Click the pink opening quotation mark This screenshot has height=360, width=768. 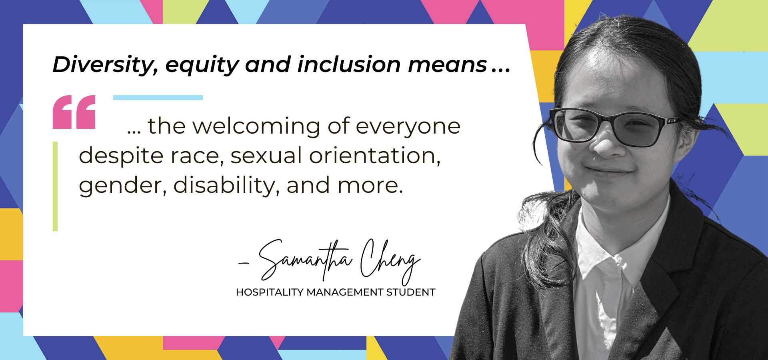click(74, 112)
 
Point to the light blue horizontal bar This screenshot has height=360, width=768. click(158, 98)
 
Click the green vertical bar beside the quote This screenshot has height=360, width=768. click(55, 186)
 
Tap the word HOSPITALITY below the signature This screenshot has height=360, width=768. click(270, 292)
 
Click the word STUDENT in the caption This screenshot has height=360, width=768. click(411, 292)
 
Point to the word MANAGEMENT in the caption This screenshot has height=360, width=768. click(345, 292)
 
